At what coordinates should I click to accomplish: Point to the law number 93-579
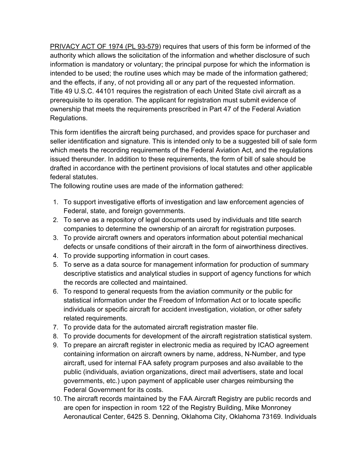tap(149, 47)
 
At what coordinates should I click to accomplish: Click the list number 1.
tap(56, 202)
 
